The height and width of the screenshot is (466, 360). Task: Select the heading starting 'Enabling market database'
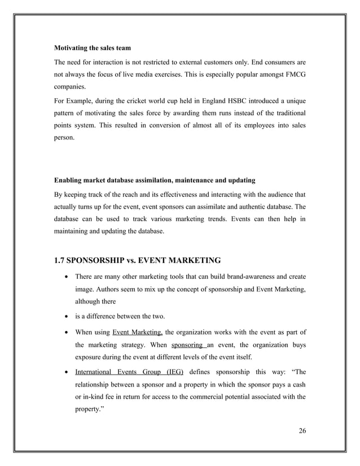point(154,181)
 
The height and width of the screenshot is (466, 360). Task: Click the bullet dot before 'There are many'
point(68,277)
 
